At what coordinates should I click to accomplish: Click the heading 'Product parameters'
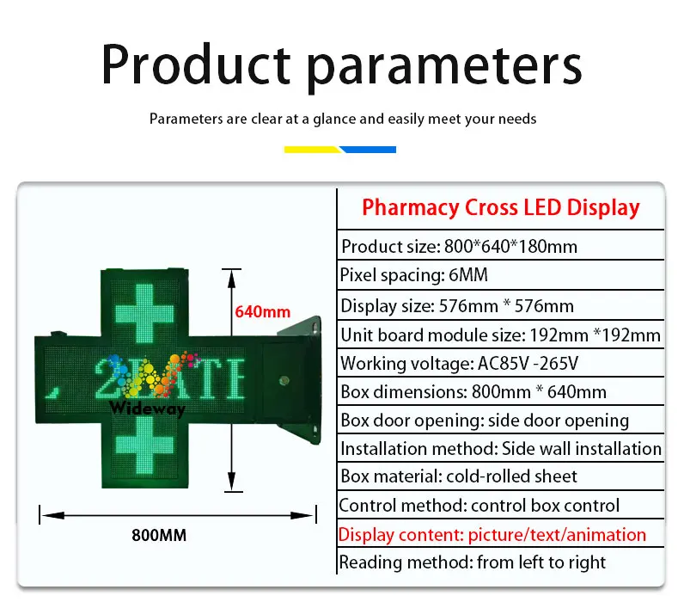point(341,64)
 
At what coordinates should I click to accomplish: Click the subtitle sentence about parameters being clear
point(342,119)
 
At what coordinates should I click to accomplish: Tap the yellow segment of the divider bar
point(313,150)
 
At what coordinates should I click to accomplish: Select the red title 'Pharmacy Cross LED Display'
point(500,207)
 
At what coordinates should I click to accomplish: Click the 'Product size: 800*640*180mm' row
point(459,247)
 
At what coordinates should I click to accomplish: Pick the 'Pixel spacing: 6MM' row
point(414,276)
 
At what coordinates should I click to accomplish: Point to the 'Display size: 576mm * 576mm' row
point(457,305)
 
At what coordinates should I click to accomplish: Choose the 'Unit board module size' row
point(500,335)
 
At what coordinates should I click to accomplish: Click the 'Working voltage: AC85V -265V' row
point(459,364)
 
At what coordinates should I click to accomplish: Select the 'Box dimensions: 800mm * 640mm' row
point(473,392)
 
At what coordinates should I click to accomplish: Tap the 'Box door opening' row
point(485,421)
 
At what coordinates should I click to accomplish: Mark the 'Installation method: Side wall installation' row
point(500,449)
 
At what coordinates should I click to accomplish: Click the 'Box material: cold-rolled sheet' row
point(459,476)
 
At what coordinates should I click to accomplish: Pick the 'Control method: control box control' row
point(479,506)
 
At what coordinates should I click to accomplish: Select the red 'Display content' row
point(492,535)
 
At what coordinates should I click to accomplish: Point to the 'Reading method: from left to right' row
point(472,563)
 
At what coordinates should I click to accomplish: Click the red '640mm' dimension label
point(263,312)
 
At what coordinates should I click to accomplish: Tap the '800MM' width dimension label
point(159,535)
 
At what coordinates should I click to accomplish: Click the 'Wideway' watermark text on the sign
point(147,410)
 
